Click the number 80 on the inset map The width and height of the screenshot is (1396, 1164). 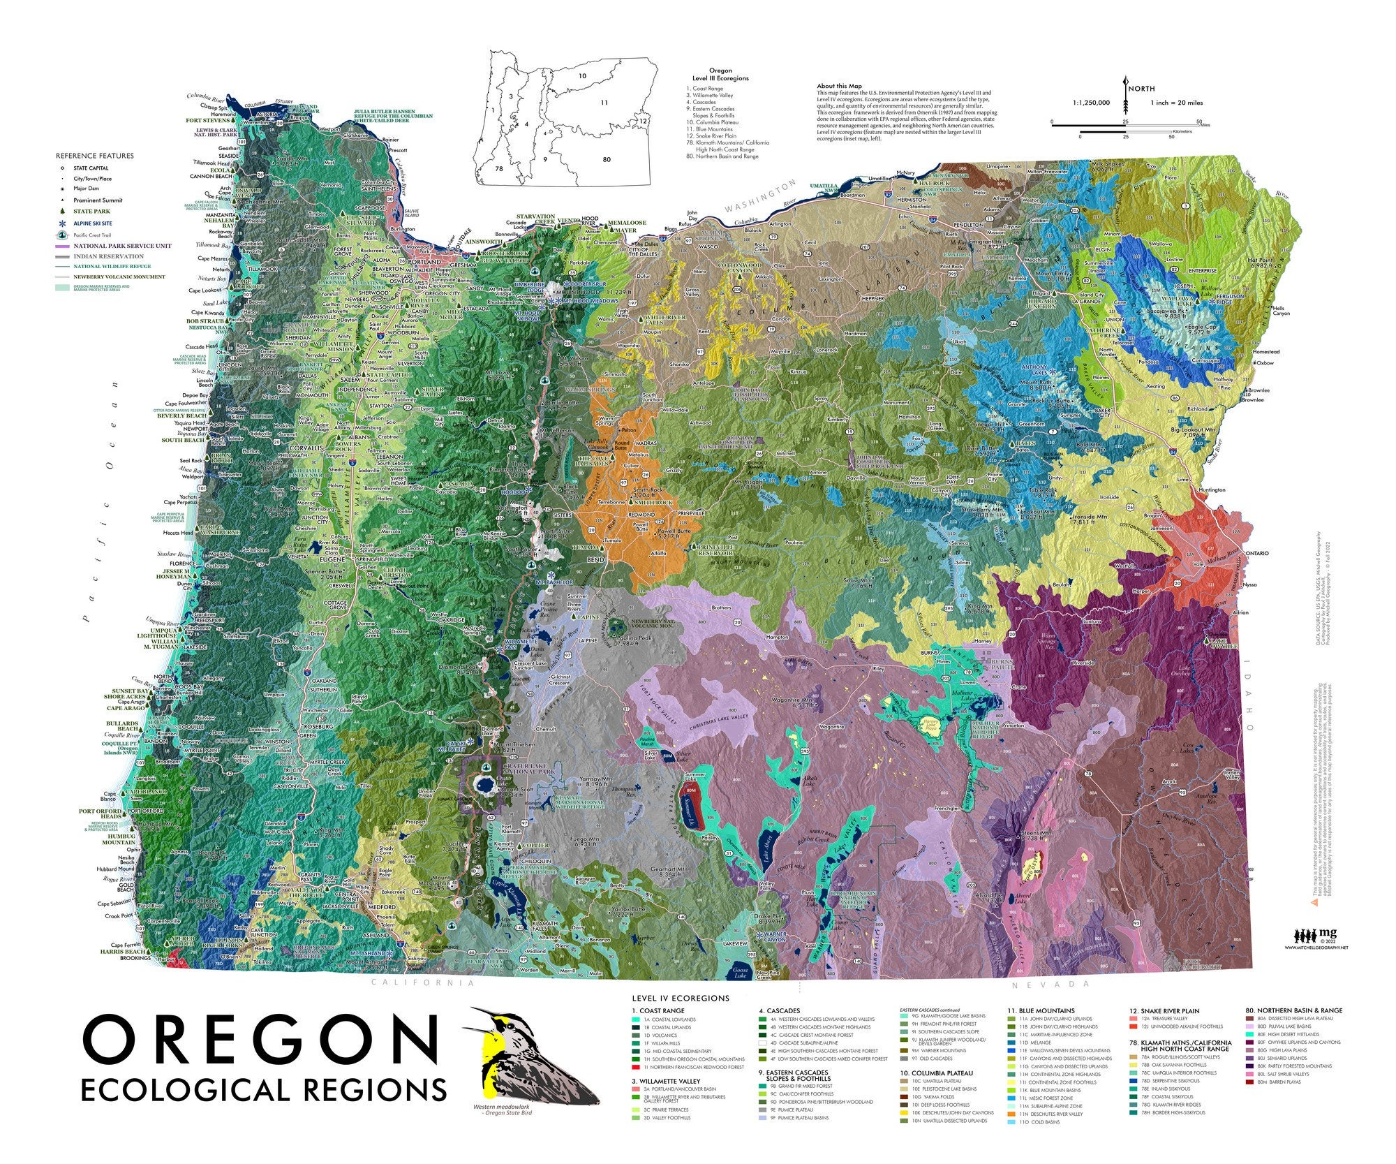607,160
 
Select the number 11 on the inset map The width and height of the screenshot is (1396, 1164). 604,103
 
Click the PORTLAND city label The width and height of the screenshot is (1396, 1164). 429,262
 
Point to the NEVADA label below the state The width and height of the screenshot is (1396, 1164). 1050,984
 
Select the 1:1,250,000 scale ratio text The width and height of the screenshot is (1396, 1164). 1091,103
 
